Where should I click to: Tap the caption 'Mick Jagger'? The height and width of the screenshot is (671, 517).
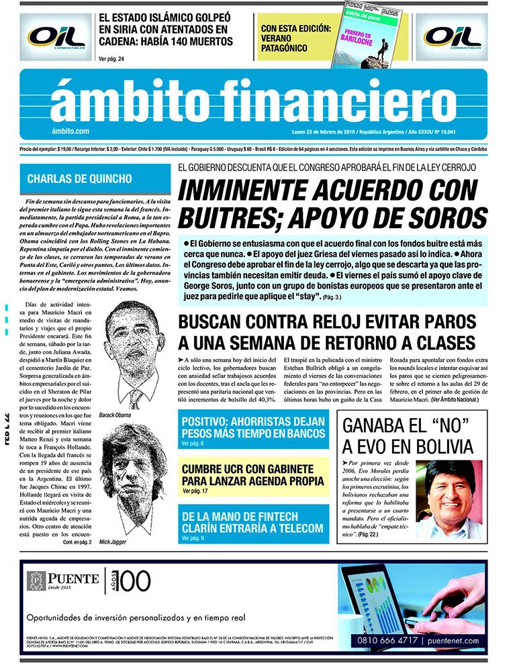point(113,541)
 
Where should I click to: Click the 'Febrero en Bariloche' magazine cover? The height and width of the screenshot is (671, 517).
point(367,40)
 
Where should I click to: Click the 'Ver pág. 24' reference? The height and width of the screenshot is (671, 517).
point(111,59)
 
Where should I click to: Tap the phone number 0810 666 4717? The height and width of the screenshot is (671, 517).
point(387,640)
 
